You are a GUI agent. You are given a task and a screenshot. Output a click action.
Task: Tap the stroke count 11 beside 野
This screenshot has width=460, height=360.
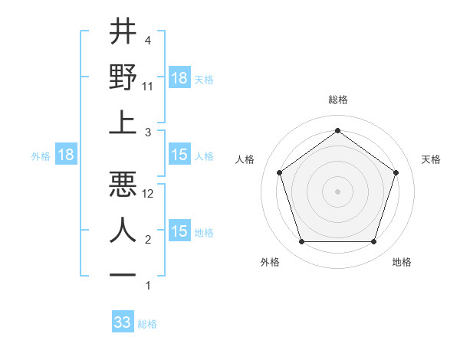pyautogui.click(x=148, y=87)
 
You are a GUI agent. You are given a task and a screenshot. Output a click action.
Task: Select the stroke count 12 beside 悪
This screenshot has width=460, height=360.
pyautogui.click(x=149, y=194)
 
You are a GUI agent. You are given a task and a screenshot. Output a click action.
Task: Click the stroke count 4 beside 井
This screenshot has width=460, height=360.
pyautogui.click(x=147, y=41)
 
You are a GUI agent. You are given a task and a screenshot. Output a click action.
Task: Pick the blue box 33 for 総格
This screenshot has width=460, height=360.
pyautogui.click(x=123, y=322)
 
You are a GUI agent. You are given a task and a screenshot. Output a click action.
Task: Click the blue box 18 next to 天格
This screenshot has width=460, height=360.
pyautogui.click(x=179, y=78)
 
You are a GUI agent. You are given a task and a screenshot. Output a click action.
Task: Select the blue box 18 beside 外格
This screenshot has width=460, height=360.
pyautogui.click(x=66, y=155)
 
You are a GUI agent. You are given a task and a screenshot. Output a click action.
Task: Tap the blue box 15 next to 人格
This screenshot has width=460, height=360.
pyautogui.click(x=179, y=155)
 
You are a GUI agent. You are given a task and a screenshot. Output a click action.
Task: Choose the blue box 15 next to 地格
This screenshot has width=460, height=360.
pyautogui.click(x=179, y=231)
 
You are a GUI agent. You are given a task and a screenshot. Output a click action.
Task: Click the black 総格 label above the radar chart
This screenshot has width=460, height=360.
pyautogui.click(x=337, y=100)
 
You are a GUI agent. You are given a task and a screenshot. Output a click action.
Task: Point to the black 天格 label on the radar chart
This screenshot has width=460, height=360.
pyautogui.click(x=431, y=159)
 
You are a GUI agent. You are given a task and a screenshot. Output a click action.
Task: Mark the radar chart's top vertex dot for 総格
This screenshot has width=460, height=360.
pyautogui.click(x=337, y=130)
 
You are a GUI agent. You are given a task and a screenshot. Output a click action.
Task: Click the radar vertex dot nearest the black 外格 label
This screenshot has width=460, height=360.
pyautogui.click(x=301, y=242)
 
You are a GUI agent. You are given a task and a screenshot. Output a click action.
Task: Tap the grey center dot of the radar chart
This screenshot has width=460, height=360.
pyautogui.click(x=337, y=191)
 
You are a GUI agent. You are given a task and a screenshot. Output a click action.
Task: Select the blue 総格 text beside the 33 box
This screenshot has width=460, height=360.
pyautogui.click(x=147, y=324)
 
